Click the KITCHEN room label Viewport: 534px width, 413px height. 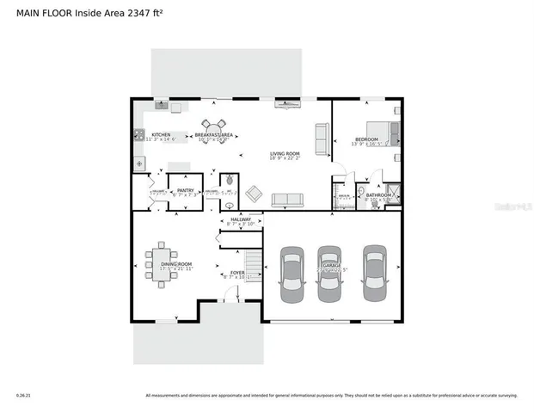[161, 135]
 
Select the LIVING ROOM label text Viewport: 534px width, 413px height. [283, 153]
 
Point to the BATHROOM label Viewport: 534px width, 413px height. [378, 195]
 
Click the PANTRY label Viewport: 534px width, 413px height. [185, 190]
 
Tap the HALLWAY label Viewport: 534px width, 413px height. [241, 219]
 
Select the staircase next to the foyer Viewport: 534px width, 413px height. [253, 263]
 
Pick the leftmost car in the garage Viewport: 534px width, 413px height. [292, 274]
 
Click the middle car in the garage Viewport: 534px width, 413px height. [330, 274]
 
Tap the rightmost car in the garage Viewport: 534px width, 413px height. [374, 274]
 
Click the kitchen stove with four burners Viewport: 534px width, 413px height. [138, 134]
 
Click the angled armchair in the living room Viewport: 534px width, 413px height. [255, 194]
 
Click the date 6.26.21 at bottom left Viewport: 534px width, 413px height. [23, 396]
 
